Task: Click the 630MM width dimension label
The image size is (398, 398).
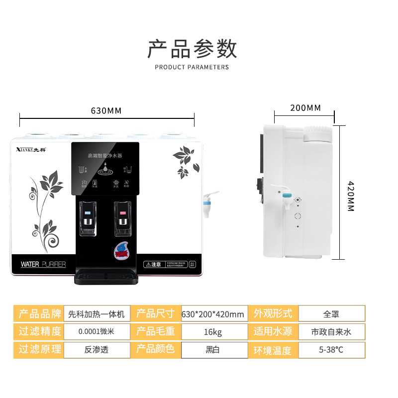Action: tap(106, 110)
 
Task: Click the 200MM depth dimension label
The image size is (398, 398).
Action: tap(305, 108)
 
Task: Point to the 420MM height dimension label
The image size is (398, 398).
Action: tap(350, 196)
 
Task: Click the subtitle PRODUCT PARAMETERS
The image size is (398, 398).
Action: tap(192, 67)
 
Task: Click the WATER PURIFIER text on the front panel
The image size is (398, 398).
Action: tap(43, 264)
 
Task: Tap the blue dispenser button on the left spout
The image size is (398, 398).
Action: tap(88, 214)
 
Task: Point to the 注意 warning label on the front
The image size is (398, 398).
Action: tap(154, 264)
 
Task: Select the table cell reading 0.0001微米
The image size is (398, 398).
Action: tap(96, 331)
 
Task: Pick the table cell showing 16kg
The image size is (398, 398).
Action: tap(213, 331)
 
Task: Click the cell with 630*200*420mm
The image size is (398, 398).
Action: tap(213, 314)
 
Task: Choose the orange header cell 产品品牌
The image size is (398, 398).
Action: tap(40, 314)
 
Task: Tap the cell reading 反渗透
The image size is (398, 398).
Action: tap(96, 349)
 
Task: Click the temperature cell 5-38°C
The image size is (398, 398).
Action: tap(331, 349)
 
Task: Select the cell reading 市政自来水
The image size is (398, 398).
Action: tap(331, 331)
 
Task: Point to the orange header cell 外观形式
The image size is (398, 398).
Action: tap(273, 314)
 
